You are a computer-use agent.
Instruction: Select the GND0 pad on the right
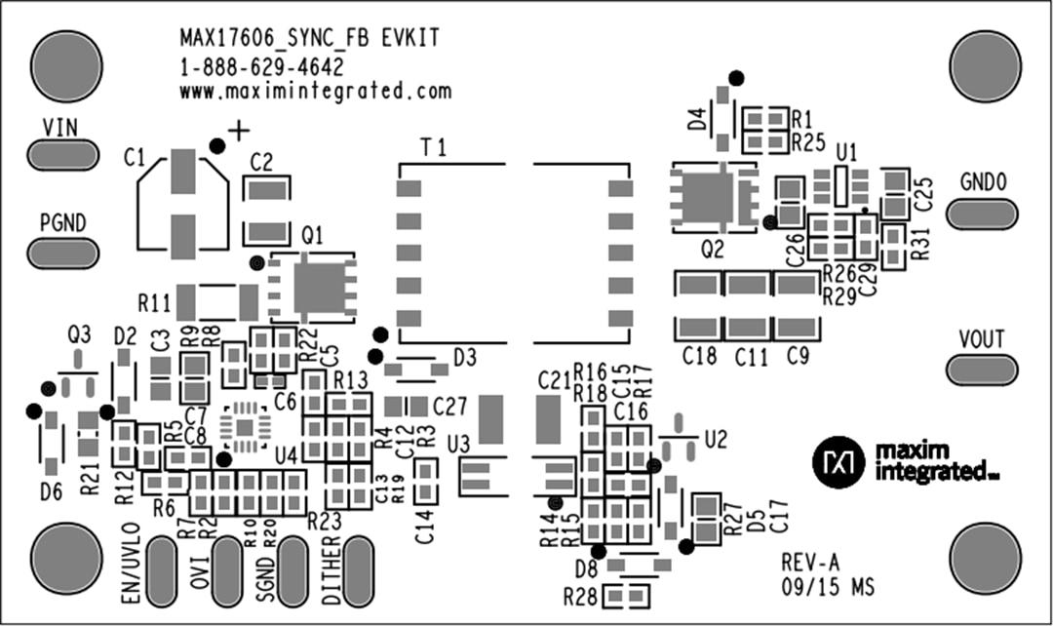[983, 212]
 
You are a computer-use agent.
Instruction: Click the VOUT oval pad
[983, 369]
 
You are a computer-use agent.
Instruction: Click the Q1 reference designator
[314, 235]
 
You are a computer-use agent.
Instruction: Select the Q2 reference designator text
[713, 250]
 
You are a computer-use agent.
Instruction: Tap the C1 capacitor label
[136, 156]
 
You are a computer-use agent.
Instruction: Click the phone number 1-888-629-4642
[261, 66]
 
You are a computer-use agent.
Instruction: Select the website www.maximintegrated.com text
[315, 91]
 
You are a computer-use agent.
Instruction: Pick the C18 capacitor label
[699, 357]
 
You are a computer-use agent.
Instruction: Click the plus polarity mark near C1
[238, 130]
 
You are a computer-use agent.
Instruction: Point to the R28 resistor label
[579, 597]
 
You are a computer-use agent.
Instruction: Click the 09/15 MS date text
[827, 588]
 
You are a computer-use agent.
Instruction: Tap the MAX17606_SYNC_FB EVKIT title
[309, 39]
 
